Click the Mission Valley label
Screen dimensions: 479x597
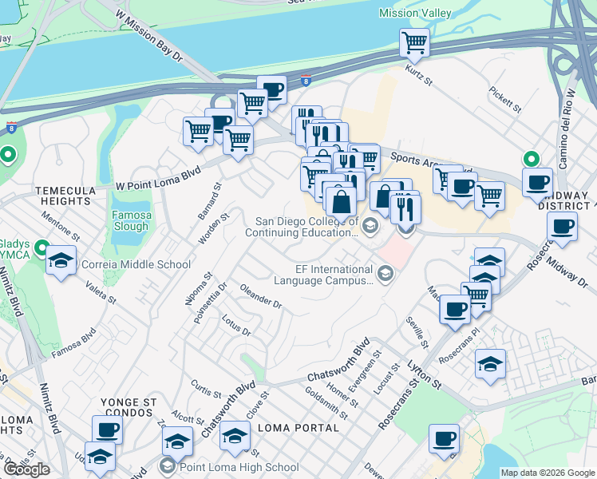pos(415,13)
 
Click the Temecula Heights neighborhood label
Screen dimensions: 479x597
pos(62,196)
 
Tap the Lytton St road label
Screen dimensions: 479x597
pos(425,374)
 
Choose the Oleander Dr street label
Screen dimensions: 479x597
pos(261,299)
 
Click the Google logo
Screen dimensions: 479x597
pos(26,469)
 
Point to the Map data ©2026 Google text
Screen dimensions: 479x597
pos(548,473)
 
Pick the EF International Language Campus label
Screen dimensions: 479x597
pos(323,275)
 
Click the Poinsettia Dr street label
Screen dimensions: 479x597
pos(199,303)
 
